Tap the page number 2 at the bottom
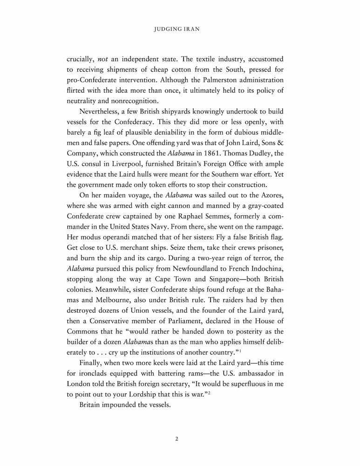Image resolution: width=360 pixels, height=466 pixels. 177,439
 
